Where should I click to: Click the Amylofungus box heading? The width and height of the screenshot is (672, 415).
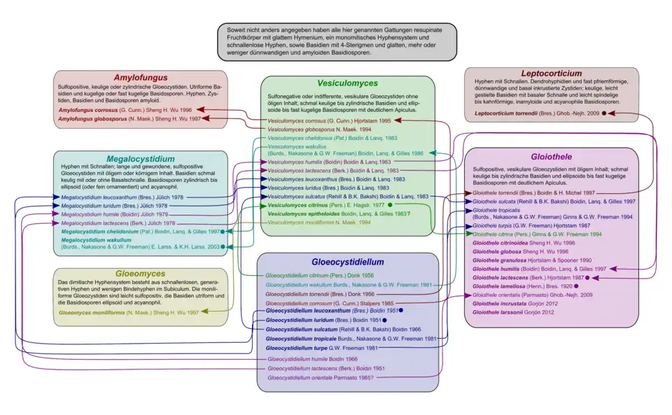pos(142,77)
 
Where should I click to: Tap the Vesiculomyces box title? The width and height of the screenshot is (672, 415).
pos(348,83)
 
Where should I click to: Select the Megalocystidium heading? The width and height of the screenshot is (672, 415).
pos(141,158)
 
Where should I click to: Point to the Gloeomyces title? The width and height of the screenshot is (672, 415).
pos(141,274)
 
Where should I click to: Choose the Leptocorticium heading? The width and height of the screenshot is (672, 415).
pos(551,73)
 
